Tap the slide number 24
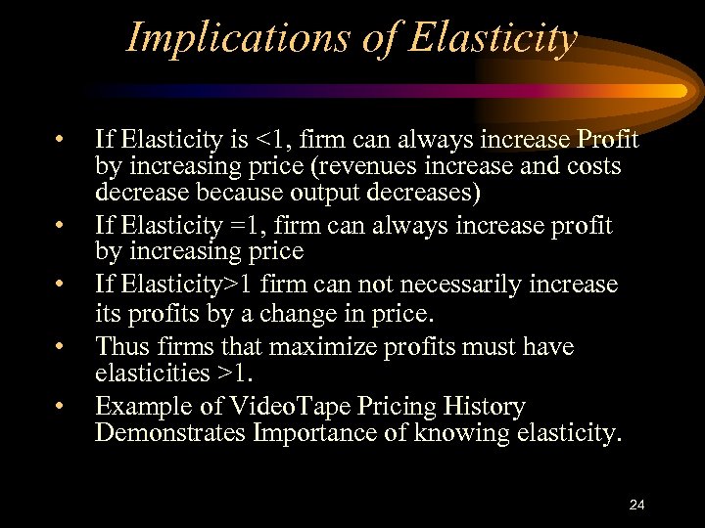pyautogui.click(x=637, y=505)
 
